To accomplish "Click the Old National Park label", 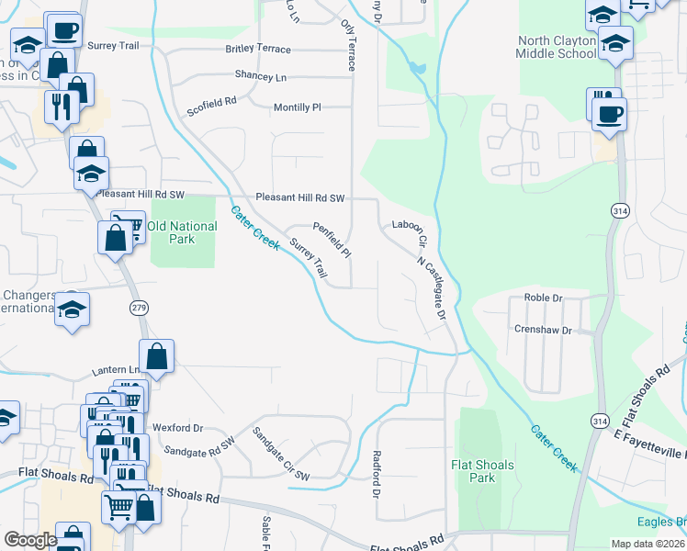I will pos(182,232).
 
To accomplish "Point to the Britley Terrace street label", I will pos(264,50).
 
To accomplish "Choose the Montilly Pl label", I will pos(297,107).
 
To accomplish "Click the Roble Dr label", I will pos(543,298).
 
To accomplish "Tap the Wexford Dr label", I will pos(177,428).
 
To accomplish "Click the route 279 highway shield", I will pos(138,307).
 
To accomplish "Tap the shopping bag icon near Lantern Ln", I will pos(156,356).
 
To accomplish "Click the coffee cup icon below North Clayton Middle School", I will pos(610,115).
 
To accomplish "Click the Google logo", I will pos(31,540).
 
